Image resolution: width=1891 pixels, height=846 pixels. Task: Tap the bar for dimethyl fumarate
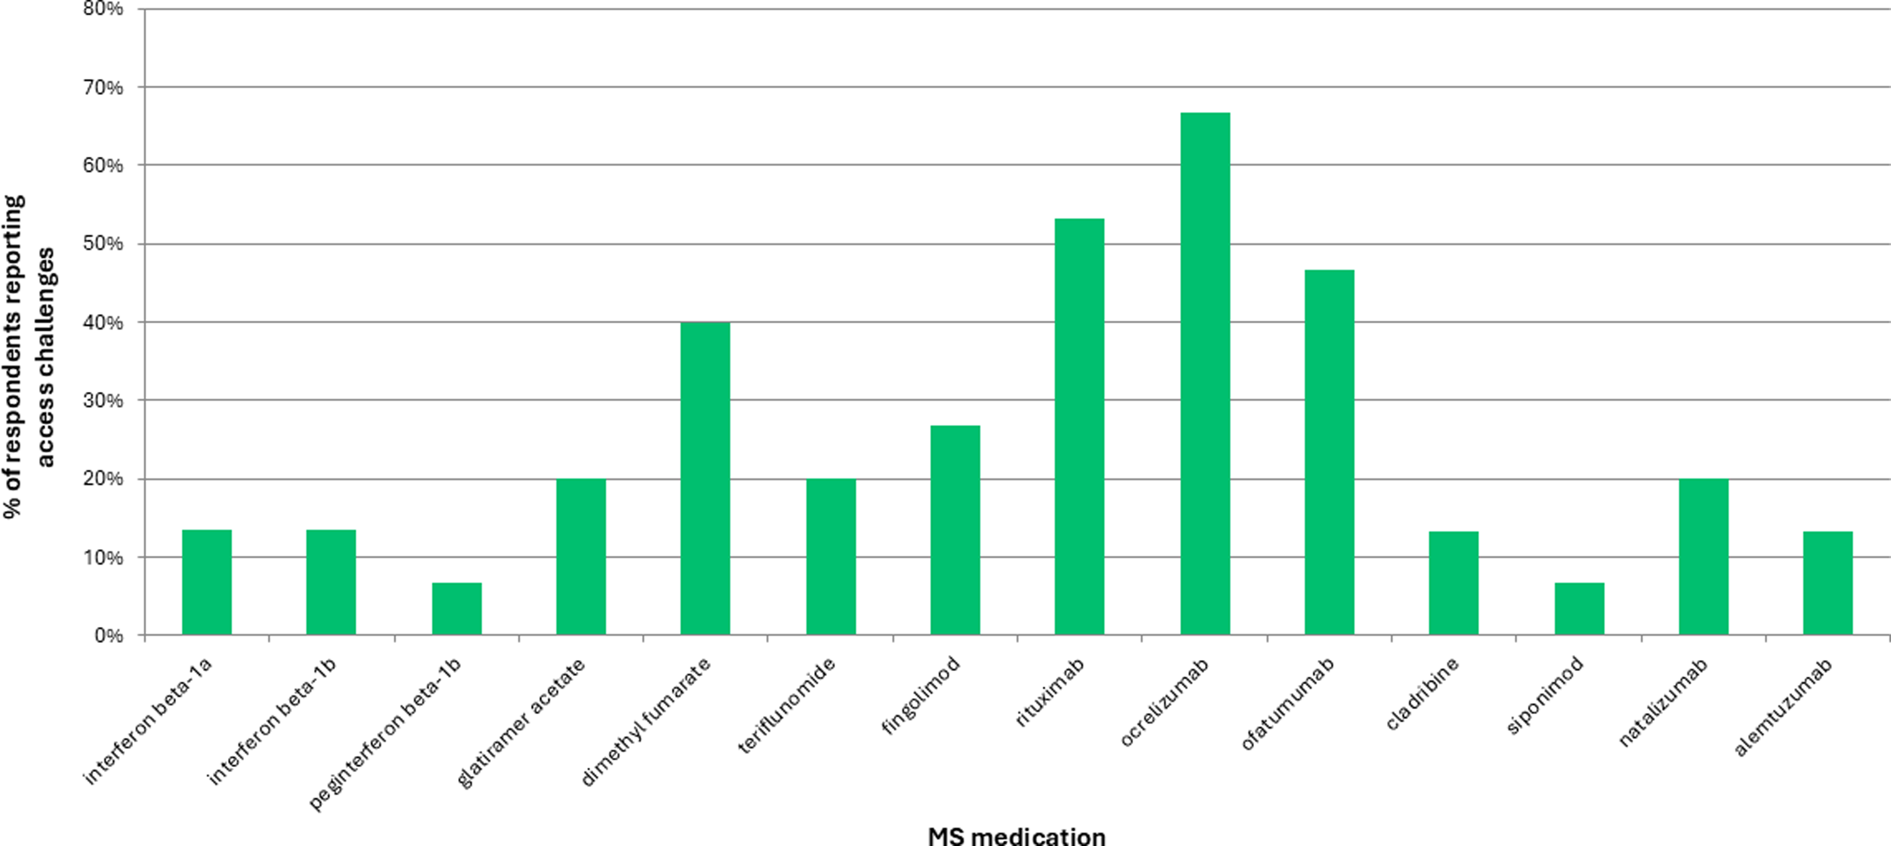[705, 479]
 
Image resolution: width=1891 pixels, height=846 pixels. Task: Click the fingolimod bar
[954, 530]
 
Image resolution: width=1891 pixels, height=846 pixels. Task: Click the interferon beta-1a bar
[206, 582]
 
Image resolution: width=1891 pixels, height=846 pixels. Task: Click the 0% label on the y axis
[108, 635]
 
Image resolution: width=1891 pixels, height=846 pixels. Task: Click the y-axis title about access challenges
[29, 356]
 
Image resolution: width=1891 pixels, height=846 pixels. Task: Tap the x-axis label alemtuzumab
[1784, 706]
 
